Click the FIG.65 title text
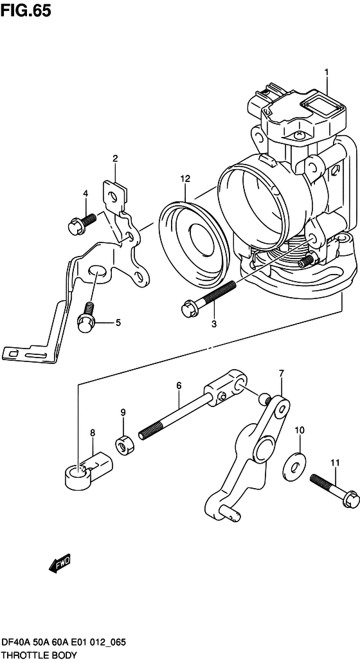pos(26,11)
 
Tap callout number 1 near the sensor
pos(327,73)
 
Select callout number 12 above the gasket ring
pos(184,179)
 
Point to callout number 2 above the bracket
pos(115,159)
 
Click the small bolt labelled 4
pos(82,223)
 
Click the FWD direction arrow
pos(60,563)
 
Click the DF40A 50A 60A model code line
pos(63,643)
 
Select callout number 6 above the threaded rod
pos(179,385)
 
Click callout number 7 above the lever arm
pos(282,373)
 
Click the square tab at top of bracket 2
pos(114,193)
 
